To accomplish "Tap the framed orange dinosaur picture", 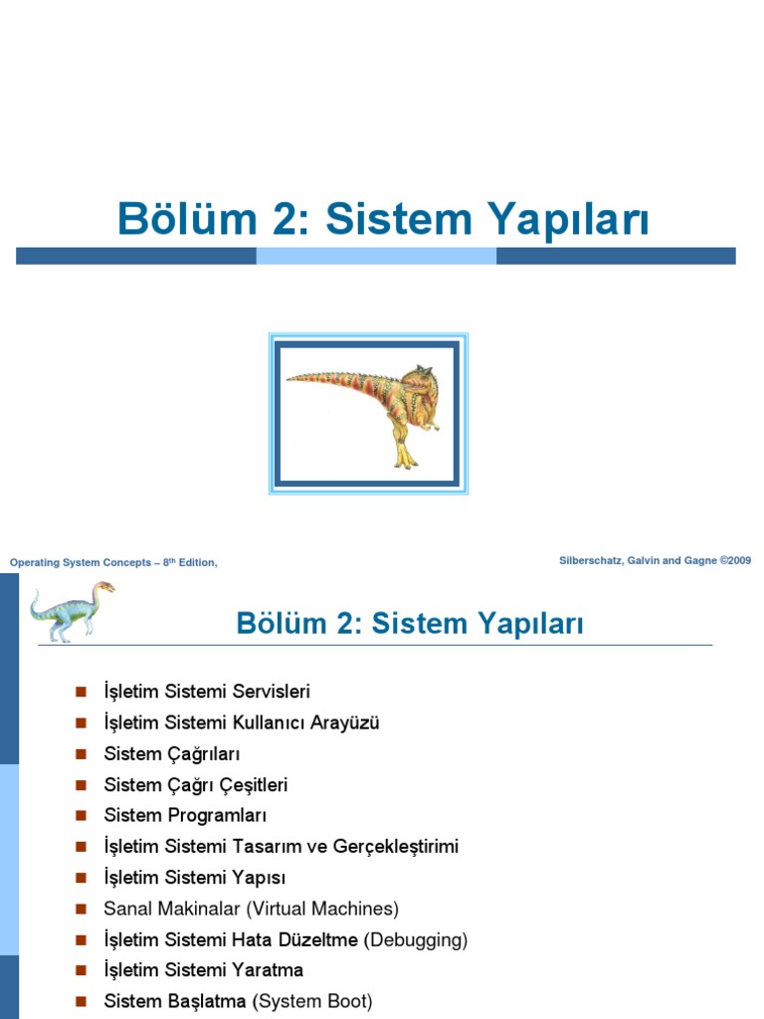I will click(368, 413).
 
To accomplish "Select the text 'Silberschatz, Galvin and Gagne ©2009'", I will click(655, 561).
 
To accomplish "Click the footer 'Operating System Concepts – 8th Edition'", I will click(113, 563).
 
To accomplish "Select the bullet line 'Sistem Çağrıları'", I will click(172, 753).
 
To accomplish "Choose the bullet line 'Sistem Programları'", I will click(185, 816).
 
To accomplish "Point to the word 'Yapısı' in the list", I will click(258, 878).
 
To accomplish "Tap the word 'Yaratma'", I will click(266, 970).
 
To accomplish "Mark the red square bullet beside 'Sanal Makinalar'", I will click(82, 909).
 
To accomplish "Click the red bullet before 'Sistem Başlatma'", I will click(82, 1001).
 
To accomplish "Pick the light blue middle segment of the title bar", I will click(376, 256).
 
